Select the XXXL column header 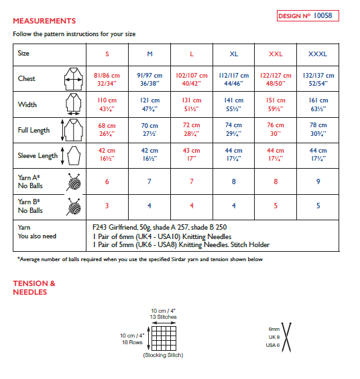pyautogui.click(x=318, y=53)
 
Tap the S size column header pyautogui.click(x=107, y=53)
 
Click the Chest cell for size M pyautogui.click(x=149, y=79)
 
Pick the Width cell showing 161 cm pyautogui.click(x=318, y=104)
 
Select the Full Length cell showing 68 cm pyautogui.click(x=107, y=129)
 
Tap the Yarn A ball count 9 pyautogui.click(x=318, y=181)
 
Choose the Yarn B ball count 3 pyautogui.click(x=107, y=206)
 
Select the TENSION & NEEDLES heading pyautogui.click(x=34, y=287)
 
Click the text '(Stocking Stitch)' pyautogui.click(x=162, y=356)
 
